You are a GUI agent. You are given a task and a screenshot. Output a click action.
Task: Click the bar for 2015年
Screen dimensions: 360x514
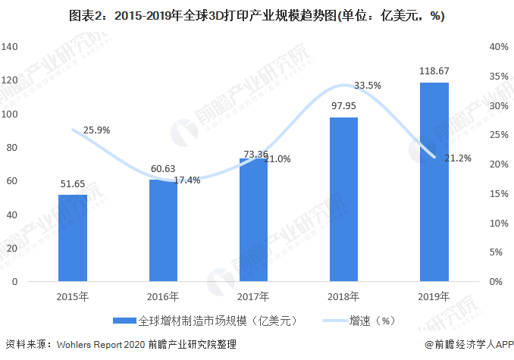point(73,238)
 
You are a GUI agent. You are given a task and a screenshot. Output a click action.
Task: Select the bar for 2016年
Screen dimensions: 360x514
point(163,230)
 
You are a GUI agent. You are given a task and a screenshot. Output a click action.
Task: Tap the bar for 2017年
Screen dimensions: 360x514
point(253,220)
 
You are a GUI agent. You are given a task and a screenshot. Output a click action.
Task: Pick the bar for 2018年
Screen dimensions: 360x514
point(343,199)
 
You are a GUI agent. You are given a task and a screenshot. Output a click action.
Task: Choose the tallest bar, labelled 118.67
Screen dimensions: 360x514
point(434,182)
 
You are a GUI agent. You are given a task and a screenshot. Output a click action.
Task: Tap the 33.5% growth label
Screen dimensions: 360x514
point(368,86)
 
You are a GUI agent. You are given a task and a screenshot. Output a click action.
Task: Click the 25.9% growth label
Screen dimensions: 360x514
point(96,130)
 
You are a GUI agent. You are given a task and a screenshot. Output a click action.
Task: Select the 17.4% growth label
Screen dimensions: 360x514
point(186,180)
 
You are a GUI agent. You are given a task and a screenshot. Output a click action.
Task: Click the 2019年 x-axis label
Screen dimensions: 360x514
point(434,295)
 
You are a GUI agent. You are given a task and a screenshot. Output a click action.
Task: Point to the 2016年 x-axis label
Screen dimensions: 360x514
point(163,295)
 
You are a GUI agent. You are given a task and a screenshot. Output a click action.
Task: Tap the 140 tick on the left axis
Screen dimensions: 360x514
point(10,47)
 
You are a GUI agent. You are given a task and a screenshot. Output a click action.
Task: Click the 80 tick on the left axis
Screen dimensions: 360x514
point(12,148)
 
